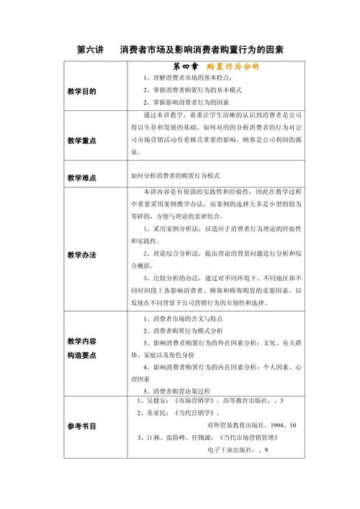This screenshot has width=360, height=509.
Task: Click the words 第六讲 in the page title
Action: click(x=91, y=49)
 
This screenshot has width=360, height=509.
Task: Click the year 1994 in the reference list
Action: click(x=274, y=425)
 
